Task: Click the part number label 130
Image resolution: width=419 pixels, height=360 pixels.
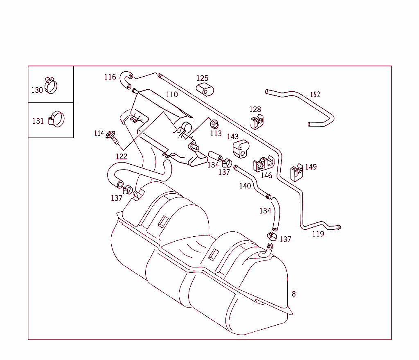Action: pyautogui.click(x=37, y=90)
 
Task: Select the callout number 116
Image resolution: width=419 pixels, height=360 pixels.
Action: pyautogui.click(x=110, y=77)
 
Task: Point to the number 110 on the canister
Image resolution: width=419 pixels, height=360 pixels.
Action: pyautogui.click(x=172, y=95)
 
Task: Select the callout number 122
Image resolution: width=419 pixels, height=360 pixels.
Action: pyautogui.click(x=121, y=156)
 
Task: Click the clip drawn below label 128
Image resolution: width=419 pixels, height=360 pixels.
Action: pyautogui.click(x=257, y=122)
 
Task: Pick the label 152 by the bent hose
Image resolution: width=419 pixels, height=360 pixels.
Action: pyautogui.click(x=315, y=95)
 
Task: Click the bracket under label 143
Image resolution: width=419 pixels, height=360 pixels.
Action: pyautogui.click(x=241, y=149)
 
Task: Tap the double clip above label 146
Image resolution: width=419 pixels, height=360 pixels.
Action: pyautogui.click(x=264, y=164)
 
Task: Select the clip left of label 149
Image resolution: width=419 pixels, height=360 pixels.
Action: pyautogui.click(x=297, y=172)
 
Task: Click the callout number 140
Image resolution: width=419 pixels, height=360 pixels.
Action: pyautogui.click(x=245, y=186)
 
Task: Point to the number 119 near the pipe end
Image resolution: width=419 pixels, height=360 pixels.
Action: pyautogui.click(x=318, y=234)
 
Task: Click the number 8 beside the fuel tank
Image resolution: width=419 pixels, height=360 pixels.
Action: pyautogui.click(x=293, y=294)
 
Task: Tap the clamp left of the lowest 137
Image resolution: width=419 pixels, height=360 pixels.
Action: pyautogui.click(x=272, y=235)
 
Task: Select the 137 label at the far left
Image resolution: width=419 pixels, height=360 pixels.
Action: pyautogui.click(x=117, y=198)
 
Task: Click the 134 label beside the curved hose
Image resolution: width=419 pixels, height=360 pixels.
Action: pyautogui.click(x=265, y=211)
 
